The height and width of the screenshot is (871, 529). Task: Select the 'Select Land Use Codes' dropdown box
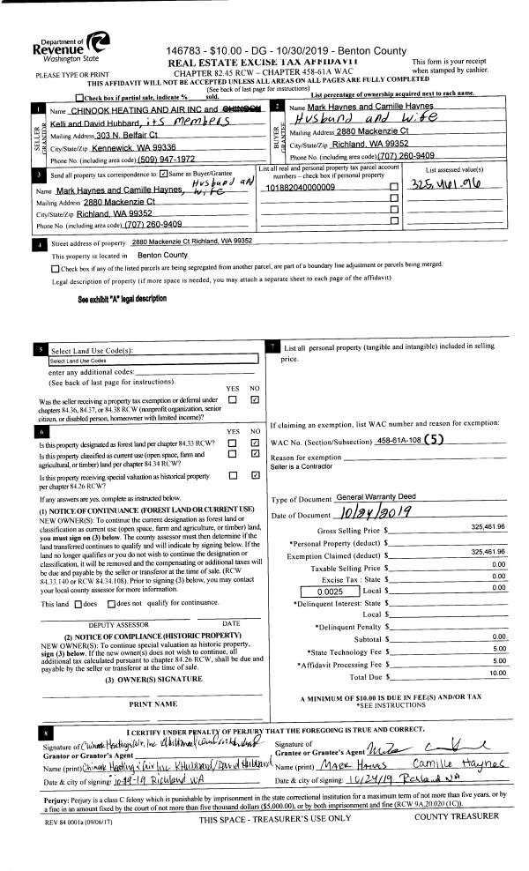pyautogui.click(x=152, y=360)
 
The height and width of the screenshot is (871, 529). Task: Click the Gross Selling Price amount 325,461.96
pyautogui.click(x=481, y=527)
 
